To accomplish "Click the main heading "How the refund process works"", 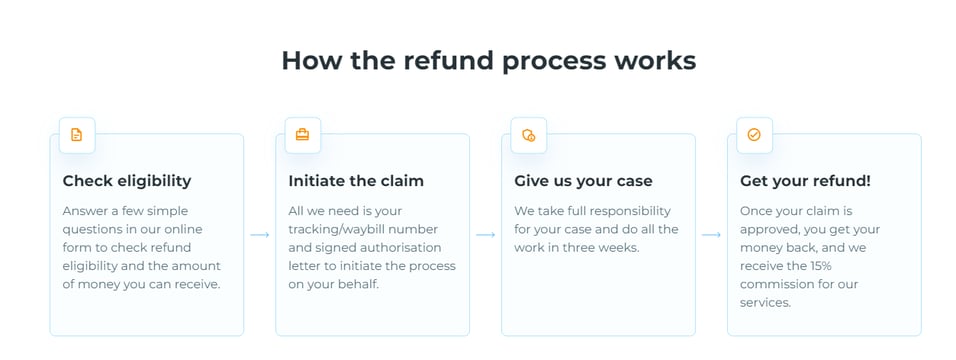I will click(x=488, y=60).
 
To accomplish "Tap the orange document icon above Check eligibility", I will click(x=77, y=135).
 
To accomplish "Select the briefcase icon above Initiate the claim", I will click(x=302, y=135).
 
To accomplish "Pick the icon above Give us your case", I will click(x=529, y=135).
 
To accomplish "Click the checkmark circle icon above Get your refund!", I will click(x=754, y=135).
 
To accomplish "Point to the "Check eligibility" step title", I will click(x=127, y=181).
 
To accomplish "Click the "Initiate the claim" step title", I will click(x=356, y=181).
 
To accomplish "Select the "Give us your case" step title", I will click(x=583, y=181).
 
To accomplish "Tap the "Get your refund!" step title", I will click(x=805, y=181).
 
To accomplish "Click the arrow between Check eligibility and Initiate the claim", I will click(x=260, y=235).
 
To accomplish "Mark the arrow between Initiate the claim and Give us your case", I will click(x=486, y=235).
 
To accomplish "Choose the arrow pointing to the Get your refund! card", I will click(x=712, y=235).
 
